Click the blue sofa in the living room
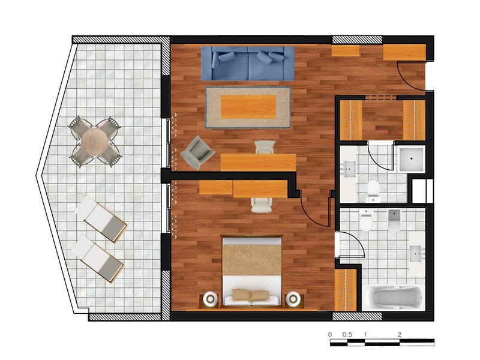[248, 64]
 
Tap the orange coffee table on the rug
[248, 107]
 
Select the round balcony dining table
[95, 142]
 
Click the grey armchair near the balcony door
[197, 153]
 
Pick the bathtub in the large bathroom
[394, 296]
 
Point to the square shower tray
[412, 158]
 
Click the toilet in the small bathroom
[373, 190]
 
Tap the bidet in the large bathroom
[394, 220]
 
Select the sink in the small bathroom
[349, 169]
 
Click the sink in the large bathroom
[417, 254]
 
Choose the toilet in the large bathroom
[367, 220]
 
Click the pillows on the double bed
[250, 295]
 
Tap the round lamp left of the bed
[211, 298]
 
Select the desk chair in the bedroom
[262, 205]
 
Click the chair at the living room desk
[265, 146]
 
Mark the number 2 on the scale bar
[400, 335]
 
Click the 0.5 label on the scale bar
[347, 335]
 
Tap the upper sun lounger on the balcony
[101, 218]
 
